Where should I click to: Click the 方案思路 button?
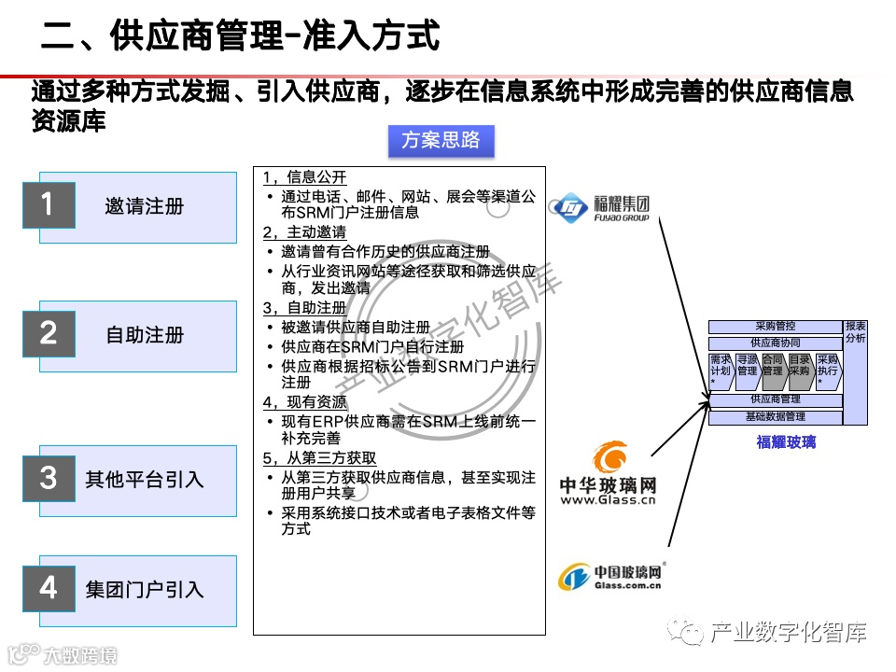[441, 140]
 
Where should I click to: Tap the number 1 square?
[49, 204]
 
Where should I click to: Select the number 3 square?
[49, 479]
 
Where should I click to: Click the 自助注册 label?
[145, 335]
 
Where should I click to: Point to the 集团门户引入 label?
[145, 589]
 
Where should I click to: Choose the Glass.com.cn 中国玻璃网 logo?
[610, 578]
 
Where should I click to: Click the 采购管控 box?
[775, 327]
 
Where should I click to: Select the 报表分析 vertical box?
[855, 371]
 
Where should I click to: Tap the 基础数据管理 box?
[775, 416]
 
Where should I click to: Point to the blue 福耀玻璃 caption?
[786, 441]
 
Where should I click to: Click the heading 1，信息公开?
[304, 177]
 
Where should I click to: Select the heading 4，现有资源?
[304, 402]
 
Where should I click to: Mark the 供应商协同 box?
[775, 343]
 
